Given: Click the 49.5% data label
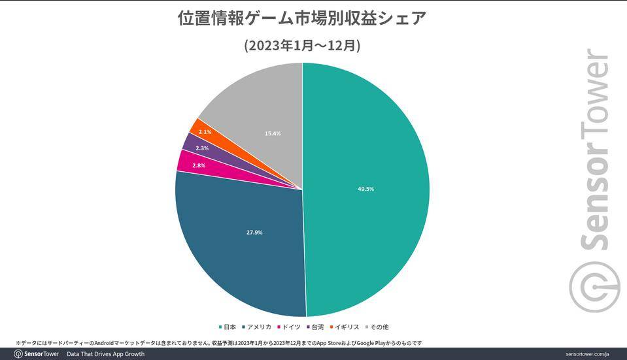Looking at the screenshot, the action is [x=365, y=189].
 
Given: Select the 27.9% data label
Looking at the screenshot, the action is [x=254, y=232].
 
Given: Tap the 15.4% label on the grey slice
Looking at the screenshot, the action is [x=273, y=133].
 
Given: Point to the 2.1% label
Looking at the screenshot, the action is [x=205, y=132].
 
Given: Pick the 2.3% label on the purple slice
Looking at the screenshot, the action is [x=202, y=148].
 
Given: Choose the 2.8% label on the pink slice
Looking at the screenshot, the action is [x=199, y=165].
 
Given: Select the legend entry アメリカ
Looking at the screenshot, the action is [x=256, y=327].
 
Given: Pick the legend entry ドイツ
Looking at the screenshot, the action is [x=288, y=327].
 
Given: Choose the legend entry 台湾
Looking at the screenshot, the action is [x=315, y=327].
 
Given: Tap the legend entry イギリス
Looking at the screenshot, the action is [x=345, y=327].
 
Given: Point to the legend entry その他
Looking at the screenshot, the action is [x=377, y=327].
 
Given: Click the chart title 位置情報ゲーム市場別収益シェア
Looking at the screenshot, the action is [x=302, y=18].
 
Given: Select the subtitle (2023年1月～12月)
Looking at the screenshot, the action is [x=302, y=45].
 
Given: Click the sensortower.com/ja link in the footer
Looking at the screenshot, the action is [x=587, y=354].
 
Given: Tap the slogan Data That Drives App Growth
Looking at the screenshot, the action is [x=105, y=354].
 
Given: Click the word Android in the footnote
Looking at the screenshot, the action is [x=104, y=343].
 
